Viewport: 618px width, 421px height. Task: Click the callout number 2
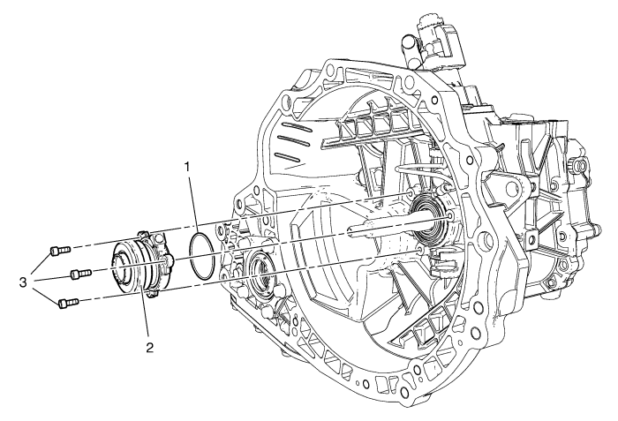click(150, 347)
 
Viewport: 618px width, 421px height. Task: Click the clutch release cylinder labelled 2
click(136, 266)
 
